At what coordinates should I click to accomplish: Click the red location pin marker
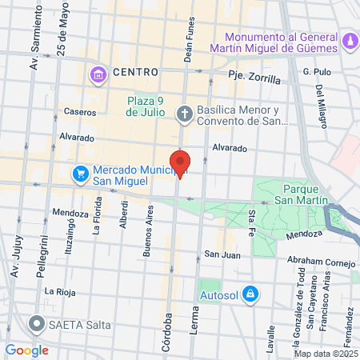[x=180, y=163]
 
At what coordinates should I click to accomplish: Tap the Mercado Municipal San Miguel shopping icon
[x=81, y=174]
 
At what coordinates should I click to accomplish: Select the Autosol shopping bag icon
[x=250, y=294]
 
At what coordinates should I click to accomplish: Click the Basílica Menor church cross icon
[x=184, y=114]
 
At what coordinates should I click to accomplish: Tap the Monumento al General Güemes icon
[x=350, y=40]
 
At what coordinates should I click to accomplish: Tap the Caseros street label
[x=80, y=113]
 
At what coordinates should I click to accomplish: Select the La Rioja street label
[x=61, y=291]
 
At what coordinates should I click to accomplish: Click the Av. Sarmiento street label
[x=34, y=48]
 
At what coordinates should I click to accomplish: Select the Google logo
[x=27, y=350]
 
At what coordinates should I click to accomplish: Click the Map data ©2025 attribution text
[x=325, y=354]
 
